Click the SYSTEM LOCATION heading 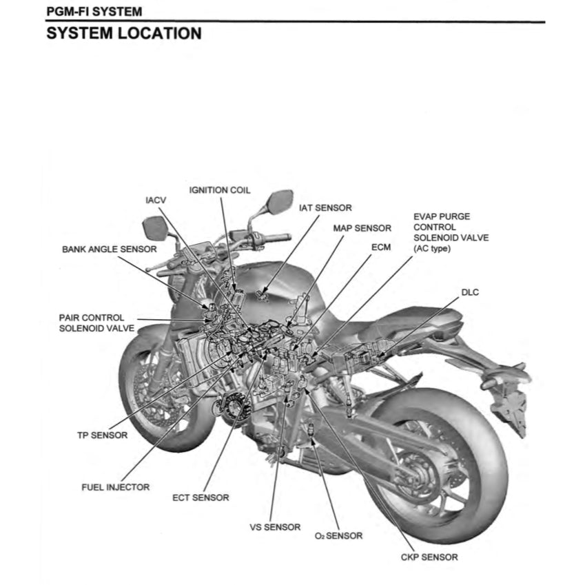(x=123, y=33)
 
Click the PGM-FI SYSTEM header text (x=94, y=12)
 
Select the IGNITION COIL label (x=220, y=190)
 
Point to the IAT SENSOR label (x=325, y=207)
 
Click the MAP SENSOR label (x=362, y=228)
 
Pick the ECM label (x=380, y=246)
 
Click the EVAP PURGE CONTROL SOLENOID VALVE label (x=441, y=232)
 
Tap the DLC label (x=469, y=292)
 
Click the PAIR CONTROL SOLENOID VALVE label (x=92, y=322)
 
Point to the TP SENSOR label (x=102, y=435)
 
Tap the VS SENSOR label (x=275, y=527)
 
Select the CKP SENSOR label (x=429, y=557)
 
